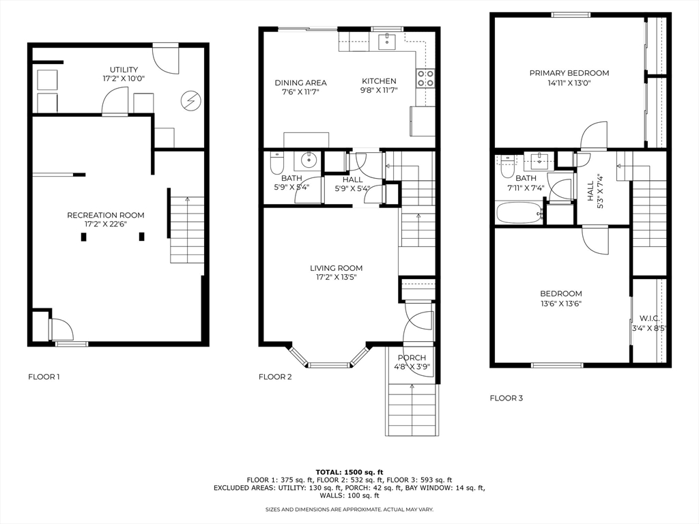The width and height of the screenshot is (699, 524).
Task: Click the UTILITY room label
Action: (x=124, y=70)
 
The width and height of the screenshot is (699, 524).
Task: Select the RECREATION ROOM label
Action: (x=106, y=215)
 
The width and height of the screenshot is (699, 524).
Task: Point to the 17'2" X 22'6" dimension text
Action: (x=106, y=224)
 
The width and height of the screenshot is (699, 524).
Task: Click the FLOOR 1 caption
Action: (x=44, y=377)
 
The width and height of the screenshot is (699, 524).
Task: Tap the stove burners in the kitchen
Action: (x=425, y=78)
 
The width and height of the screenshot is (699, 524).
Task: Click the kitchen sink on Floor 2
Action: (x=386, y=42)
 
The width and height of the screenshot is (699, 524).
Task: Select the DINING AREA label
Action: (x=300, y=83)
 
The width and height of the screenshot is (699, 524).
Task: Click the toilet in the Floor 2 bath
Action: (x=277, y=163)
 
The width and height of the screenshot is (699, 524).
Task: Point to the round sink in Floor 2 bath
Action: (x=308, y=159)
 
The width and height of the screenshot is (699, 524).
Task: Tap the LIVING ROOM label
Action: (x=336, y=268)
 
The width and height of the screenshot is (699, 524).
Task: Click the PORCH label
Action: (x=412, y=358)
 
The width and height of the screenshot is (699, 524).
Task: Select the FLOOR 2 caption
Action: (x=275, y=377)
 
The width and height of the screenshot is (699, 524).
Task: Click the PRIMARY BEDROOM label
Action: (x=569, y=73)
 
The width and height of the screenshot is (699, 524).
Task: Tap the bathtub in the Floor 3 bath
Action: (x=519, y=214)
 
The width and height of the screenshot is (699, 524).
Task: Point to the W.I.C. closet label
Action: (x=650, y=319)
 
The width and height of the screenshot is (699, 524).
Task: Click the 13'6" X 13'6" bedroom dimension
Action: (x=561, y=304)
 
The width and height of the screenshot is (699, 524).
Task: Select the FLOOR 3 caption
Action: (x=506, y=398)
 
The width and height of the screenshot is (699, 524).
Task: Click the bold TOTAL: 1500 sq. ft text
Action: (x=349, y=472)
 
